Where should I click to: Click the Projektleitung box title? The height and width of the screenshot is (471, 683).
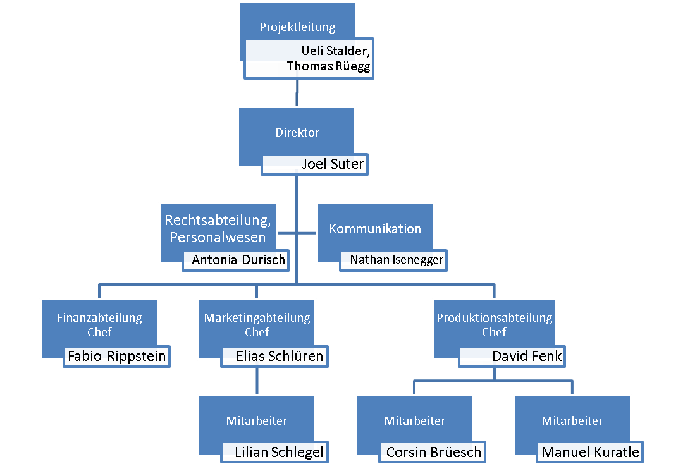click(x=297, y=27)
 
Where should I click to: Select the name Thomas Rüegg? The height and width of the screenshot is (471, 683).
click(x=328, y=66)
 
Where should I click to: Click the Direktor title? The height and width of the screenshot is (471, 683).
click(x=297, y=132)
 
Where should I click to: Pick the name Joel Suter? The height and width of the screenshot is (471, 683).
click(x=333, y=164)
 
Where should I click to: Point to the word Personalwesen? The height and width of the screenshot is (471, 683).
click(x=218, y=237)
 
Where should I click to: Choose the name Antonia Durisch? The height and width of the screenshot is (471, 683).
click(x=238, y=260)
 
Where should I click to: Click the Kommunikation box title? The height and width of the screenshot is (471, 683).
click(x=375, y=229)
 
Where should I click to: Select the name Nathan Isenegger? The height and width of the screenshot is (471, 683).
click(x=397, y=260)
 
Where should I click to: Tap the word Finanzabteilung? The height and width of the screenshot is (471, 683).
click(x=99, y=318)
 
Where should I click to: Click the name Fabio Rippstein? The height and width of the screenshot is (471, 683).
click(x=117, y=356)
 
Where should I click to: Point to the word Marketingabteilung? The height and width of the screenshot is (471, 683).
click(x=257, y=318)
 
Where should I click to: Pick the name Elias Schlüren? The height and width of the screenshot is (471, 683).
click(x=280, y=356)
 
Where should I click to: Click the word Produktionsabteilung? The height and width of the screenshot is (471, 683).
click(x=495, y=318)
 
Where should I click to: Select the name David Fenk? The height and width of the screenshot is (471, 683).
click(x=527, y=356)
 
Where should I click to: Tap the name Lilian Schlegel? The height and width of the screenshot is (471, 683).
click(x=280, y=452)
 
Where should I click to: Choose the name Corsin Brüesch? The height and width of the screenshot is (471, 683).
click(x=434, y=452)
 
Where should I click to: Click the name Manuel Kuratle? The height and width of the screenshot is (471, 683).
click(x=591, y=452)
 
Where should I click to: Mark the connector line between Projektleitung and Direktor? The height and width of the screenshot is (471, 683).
click(x=297, y=92)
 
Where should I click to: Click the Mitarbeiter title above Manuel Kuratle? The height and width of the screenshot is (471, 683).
click(x=572, y=420)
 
